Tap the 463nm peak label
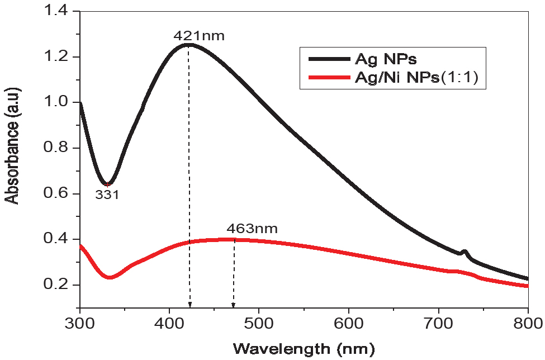coord(252,229)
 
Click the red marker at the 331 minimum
coord(107,184)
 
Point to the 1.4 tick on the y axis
coord(58,11)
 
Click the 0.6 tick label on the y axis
coord(58,193)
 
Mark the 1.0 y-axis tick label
coord(58,102)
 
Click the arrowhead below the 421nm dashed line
coord(190,305)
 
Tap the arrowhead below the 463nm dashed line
coord(234,305)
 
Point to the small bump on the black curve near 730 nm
coord(463,252)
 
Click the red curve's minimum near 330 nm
coord(110,277)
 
